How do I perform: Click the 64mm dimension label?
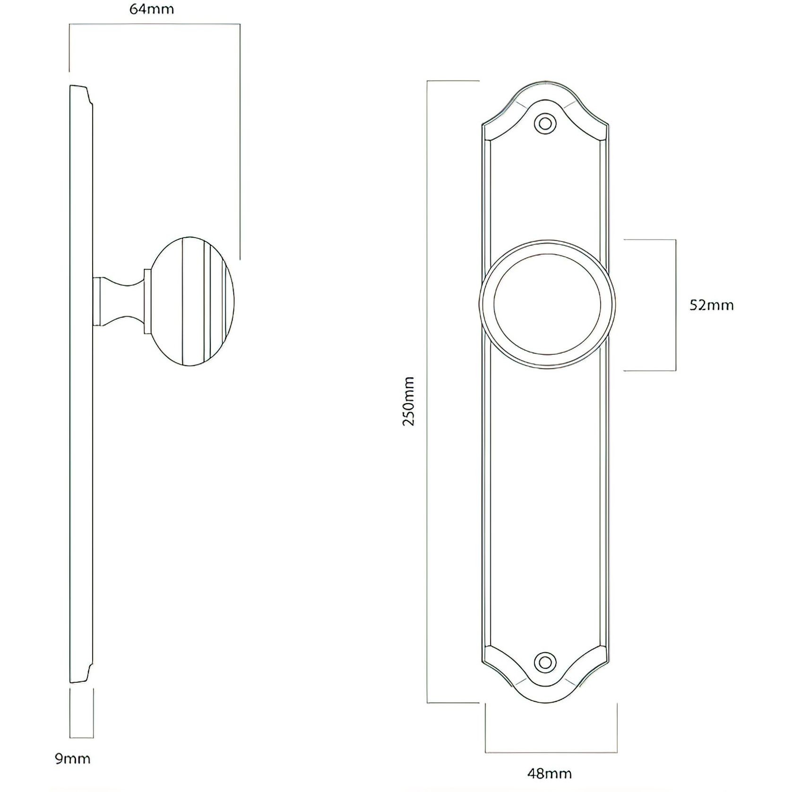[x=152, y=9]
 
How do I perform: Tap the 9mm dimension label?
[x=72, y=759]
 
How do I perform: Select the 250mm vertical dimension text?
[x=408, y=401]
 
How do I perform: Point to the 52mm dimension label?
[x=711, y=305]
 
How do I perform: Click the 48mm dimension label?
[x=549, y=774]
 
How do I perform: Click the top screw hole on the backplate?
[x=545, y=124]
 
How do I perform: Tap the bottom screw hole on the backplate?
[x=545, y=662]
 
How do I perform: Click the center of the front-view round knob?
[x=547, y=305]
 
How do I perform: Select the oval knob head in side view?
[x=194, y=301]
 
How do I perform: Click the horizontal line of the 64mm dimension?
[x=155, y=24]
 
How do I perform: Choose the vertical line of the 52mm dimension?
[x=676, y=305]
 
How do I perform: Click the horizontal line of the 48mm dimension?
[x=551, y=752]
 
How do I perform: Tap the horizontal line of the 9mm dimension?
[x=82, y=737]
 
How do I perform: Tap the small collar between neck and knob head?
[x=147, y=301]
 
